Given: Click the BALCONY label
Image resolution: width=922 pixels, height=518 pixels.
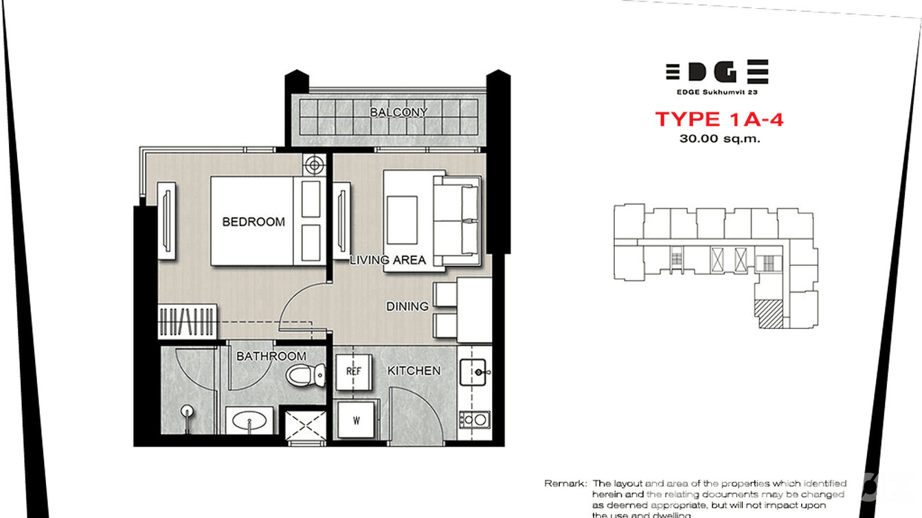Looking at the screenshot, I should click(398, 112).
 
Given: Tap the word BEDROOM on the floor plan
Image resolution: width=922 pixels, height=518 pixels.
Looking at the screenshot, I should click(253, 222).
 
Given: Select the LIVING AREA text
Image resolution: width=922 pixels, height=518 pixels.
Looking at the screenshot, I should click(387, 260).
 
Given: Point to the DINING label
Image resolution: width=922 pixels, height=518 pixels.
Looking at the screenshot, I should click(407, 306).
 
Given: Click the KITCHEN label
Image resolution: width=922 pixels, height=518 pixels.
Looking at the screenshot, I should click(414, 371).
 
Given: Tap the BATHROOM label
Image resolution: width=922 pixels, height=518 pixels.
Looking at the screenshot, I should click(271, 357).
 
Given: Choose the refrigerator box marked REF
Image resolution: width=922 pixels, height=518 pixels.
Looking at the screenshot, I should click(354, 372).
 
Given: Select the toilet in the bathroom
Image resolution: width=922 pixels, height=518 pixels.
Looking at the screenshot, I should click(305, 376).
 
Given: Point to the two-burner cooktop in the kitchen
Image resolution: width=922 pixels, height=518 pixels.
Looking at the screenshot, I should click(474, 419).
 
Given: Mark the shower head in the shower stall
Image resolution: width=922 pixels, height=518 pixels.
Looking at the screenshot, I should click(185, 414).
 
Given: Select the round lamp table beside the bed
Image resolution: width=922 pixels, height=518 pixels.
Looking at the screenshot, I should click(315, 165).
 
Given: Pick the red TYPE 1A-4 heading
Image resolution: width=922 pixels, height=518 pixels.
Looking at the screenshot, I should click(719, 120).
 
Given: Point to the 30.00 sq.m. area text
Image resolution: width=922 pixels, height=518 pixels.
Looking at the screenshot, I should click(719, 138).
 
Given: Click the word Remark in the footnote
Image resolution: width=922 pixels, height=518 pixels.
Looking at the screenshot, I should click(565, 484).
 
